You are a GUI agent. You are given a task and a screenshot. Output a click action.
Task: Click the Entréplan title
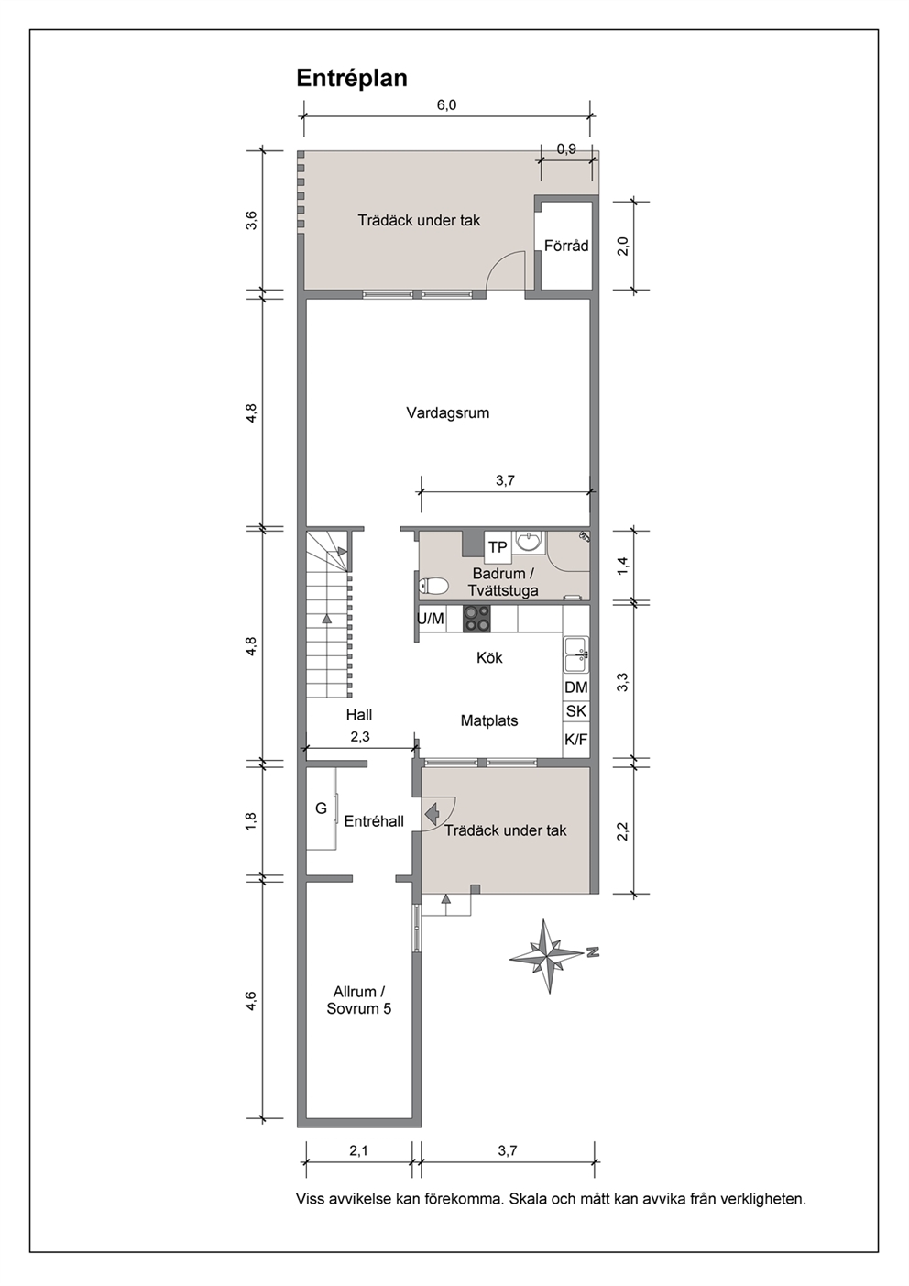tap(352, 79)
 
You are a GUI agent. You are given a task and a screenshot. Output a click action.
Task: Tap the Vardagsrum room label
tap(447, 412)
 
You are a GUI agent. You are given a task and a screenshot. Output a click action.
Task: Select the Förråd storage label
tap(566, 246)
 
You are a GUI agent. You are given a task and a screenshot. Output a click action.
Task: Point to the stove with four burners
tap(476, 619)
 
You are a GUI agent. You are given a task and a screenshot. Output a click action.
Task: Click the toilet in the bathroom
tap(433, 586)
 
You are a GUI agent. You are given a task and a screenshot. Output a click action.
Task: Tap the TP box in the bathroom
tap(498, 547)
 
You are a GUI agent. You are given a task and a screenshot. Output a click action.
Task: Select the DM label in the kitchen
tap(576, 687)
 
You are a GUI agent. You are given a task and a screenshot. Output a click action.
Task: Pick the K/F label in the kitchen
tap(576, 740)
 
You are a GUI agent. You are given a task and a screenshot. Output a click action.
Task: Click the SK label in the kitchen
tap(576, 711)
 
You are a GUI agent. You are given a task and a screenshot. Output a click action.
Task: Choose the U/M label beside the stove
tap(431, 619)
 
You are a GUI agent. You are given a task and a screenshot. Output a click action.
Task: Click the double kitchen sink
tap(576, 654)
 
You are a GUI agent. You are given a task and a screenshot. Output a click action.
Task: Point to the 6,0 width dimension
tap(446, 104)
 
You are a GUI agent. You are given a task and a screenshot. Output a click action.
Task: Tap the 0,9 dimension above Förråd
tap(566, 149)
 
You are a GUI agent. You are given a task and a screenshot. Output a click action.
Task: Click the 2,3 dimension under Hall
tap(360, 738)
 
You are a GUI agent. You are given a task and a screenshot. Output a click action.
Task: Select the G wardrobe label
tap(321, 808)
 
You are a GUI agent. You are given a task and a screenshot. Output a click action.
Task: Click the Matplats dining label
tap(489, 720)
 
